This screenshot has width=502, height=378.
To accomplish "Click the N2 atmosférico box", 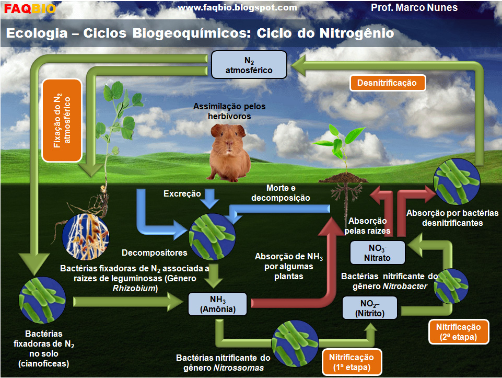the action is [249, 64].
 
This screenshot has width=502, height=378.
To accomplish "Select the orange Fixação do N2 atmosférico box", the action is [62, 120].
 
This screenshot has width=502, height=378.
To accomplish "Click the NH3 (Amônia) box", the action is [218, 304].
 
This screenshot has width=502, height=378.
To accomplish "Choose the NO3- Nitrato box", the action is [377, 253].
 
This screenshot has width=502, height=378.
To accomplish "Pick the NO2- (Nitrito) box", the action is [370, 308].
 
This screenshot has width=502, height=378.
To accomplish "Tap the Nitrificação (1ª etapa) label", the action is [351, 362].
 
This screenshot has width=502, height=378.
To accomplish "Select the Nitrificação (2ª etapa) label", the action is [458, 331].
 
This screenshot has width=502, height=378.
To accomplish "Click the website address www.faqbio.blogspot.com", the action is [238, 8].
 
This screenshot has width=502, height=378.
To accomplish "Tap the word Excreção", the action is [182, 193].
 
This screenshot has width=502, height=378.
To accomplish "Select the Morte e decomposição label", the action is [281, 193].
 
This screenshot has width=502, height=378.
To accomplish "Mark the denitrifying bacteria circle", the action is [458, 182].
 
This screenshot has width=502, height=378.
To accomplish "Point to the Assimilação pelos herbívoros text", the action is [229, 111].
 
